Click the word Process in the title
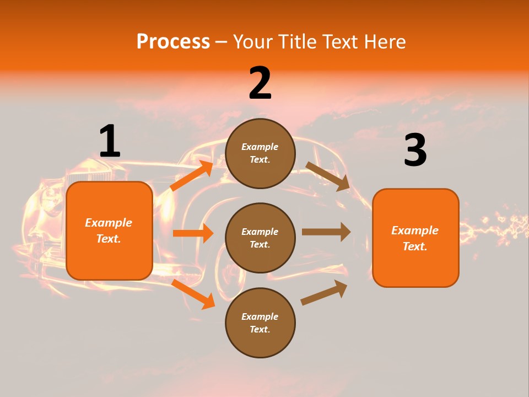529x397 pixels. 173,42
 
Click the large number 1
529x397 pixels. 110,141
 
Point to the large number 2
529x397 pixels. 260,83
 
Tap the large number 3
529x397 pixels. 415,150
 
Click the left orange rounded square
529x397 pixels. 109,230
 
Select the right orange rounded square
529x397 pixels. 415,238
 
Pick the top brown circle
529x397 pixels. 260,153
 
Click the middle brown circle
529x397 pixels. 260,238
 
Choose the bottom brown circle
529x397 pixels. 260,323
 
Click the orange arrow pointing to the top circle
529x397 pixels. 191,176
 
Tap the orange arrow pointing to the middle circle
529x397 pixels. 193,233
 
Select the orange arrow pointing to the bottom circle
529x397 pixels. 193,294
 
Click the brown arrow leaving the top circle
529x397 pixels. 327,176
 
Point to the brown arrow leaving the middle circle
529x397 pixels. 326,232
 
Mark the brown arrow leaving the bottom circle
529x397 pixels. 324,293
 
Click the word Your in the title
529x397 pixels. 253,42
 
